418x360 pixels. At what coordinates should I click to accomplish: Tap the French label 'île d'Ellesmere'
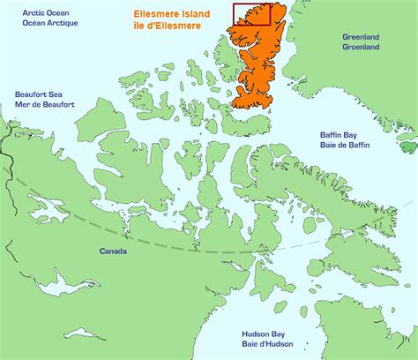click(167, 26)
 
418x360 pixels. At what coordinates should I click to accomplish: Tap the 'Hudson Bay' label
click(268, 335)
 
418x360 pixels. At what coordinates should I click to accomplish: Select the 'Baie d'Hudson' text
click(268, 346)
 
